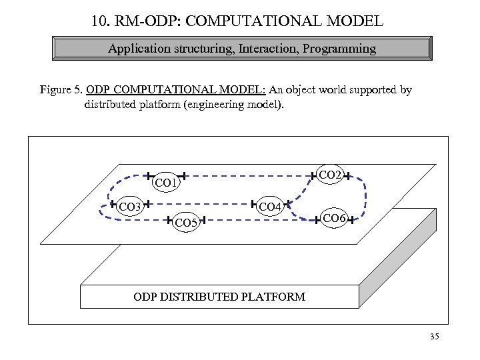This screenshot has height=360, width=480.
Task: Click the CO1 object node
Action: tap(166, 181)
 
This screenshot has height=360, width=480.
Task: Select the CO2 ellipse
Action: tap(330, 175)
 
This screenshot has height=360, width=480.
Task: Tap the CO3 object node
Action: tap(129, 206)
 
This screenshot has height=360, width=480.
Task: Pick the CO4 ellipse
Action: tap(270, 206)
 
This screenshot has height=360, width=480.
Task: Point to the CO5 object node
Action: tap(186, 223)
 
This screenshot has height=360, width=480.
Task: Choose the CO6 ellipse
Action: tap(333, 219)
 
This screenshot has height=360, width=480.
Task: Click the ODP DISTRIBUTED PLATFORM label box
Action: tap(219, 297)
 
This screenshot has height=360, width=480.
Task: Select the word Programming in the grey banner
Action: tap(341, 49)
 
